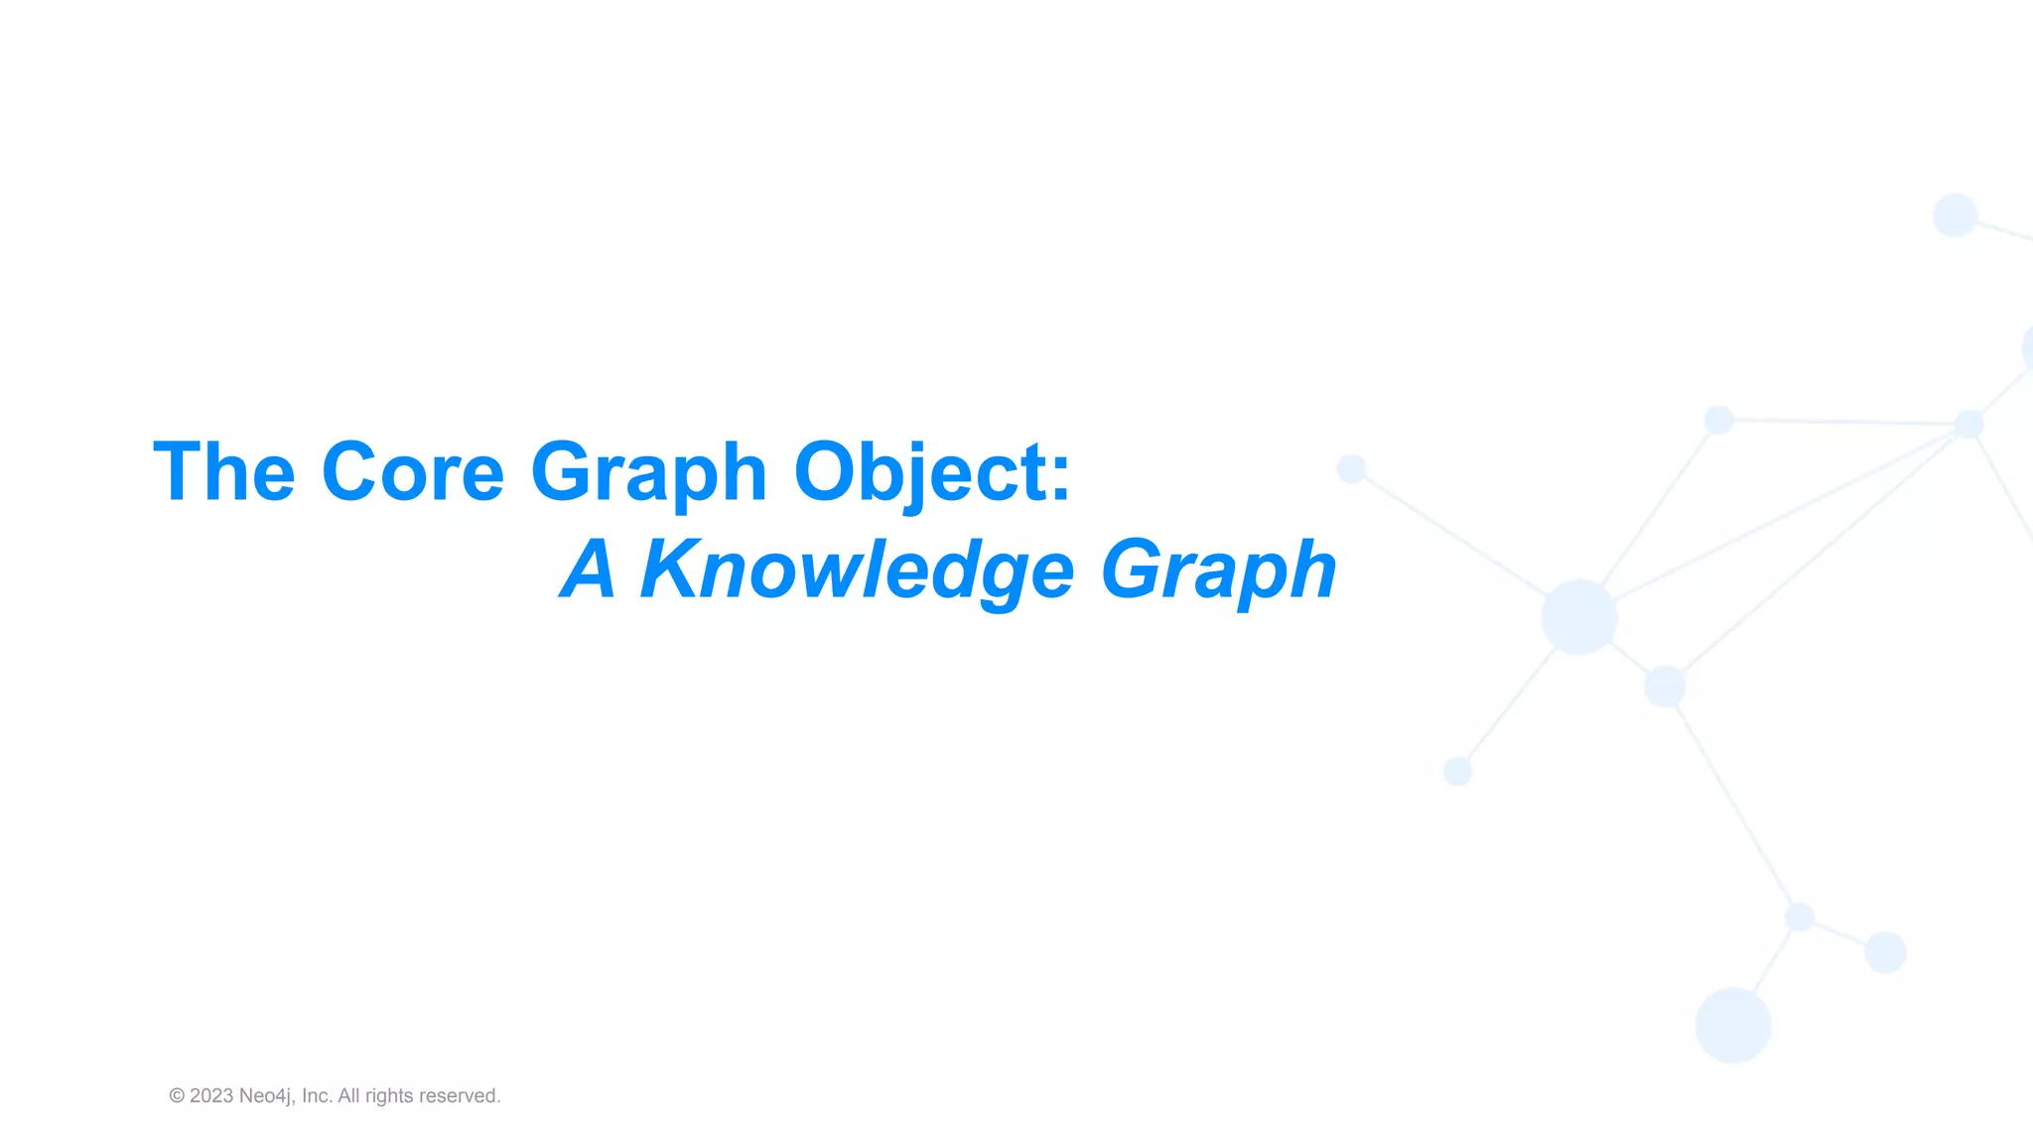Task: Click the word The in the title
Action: click(224, 472)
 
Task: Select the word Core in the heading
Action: click(413, 472)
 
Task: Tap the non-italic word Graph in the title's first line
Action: click(649, 472)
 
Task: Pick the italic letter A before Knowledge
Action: click(590, 570)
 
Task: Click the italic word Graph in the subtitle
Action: click(1219, 570)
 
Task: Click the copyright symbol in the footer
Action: click(177, 1096)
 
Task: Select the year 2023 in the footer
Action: click(211, 1096)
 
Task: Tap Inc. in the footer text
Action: click(317, 1096)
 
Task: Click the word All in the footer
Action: click(348, 1096)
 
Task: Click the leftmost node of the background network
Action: click(1352, 468)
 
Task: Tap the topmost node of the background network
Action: click(1955, 215)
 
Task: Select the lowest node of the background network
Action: click(1733, 1025)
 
